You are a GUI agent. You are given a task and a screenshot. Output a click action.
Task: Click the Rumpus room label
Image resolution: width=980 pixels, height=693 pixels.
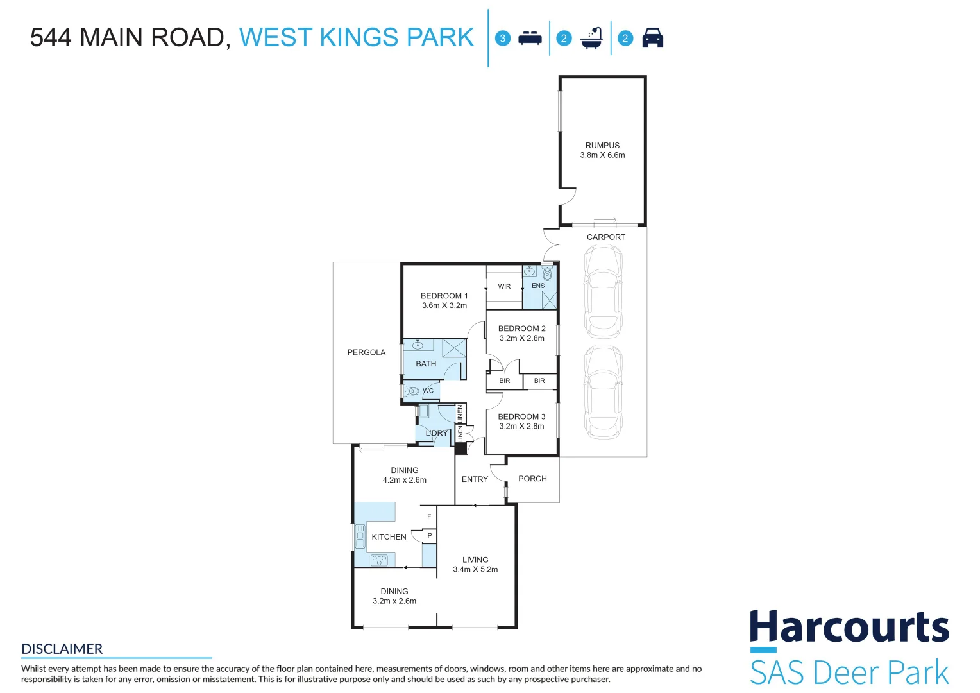(602, 146)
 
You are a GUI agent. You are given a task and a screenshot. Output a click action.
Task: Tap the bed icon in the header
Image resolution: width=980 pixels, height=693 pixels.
(530, 38)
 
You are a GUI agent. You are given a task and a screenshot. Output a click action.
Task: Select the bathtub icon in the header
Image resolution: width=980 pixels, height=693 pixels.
(591, 38)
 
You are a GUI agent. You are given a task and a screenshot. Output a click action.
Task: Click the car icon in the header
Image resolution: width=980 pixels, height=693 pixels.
(652, 38)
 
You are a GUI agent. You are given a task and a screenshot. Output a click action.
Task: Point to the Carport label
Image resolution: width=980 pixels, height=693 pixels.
(605, 237)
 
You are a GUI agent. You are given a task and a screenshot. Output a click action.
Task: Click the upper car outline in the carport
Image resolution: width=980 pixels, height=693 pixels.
(603, 293)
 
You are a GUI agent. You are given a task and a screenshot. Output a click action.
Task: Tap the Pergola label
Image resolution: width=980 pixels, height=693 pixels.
(366, 352)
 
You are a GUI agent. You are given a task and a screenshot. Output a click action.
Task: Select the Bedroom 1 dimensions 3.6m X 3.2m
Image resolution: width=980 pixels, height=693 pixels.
(444, 305)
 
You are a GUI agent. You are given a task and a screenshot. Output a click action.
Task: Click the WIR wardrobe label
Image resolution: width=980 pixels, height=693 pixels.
(504, 287)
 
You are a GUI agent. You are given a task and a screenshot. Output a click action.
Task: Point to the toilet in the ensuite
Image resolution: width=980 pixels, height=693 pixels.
(547, 275)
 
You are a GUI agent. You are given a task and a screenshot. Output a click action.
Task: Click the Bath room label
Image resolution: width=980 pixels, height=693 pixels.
(426, 364)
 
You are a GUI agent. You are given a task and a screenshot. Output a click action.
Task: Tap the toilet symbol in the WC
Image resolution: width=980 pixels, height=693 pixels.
(412, 391)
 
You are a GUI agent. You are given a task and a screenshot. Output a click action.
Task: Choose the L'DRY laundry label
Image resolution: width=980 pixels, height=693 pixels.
(437, 433)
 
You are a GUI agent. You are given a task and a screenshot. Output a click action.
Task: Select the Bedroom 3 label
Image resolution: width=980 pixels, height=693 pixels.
(521, 416)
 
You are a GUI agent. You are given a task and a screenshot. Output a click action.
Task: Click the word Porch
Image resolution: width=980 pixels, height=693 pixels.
(532, 479)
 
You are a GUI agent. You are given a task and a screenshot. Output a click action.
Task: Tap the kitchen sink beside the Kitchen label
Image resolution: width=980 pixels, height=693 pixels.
(360, 536)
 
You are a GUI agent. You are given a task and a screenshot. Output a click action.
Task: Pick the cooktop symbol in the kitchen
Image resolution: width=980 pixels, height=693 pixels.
(379, 560)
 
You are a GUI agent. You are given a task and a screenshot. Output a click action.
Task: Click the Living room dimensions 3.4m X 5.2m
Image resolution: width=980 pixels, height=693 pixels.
(475, 569)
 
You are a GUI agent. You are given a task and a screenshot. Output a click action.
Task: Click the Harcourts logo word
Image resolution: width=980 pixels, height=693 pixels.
(849, 627)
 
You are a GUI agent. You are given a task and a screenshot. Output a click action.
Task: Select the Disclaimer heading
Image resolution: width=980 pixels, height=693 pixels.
(62, 649)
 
